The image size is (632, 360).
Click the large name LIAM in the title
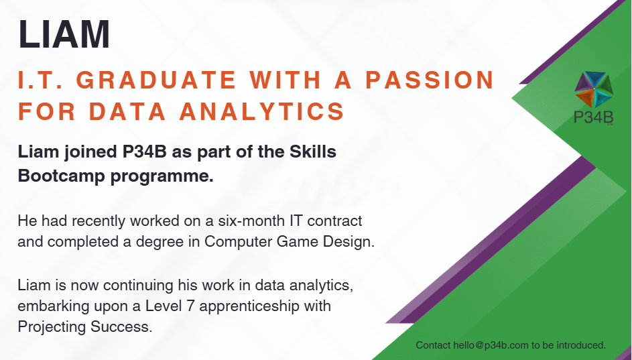64,34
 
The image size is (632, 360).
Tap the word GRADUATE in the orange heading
156,79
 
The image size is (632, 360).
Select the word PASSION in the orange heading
430,79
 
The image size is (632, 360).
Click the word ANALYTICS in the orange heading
261,111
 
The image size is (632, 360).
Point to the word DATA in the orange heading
127,111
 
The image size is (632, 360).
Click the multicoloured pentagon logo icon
594,89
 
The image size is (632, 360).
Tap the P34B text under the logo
593,117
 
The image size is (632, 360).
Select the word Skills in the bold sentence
313,152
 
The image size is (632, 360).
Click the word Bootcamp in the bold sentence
62,176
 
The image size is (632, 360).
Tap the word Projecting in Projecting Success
52,327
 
